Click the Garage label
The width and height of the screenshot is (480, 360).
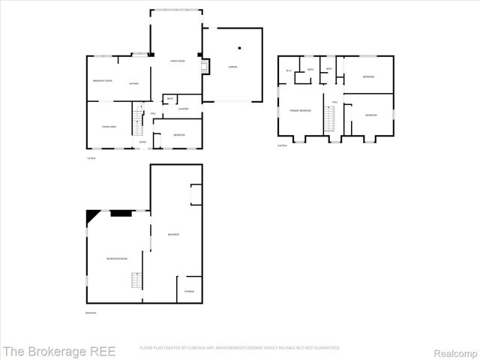232,67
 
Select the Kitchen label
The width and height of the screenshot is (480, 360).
133,83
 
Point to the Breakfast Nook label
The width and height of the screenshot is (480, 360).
103,80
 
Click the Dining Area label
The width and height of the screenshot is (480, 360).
109,127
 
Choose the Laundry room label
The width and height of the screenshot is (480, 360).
183,109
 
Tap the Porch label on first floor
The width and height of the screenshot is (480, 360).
142,142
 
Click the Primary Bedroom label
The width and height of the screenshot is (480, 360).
301,110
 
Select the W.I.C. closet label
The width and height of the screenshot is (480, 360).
289,70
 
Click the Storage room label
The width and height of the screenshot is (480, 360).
189,291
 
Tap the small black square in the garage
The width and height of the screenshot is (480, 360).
239,49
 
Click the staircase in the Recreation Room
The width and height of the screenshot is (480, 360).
136,280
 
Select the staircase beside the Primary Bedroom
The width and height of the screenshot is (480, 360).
328,118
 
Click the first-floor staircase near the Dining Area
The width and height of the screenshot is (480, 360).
137,117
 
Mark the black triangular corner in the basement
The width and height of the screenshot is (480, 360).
91,216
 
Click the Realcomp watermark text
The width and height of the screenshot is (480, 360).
455,350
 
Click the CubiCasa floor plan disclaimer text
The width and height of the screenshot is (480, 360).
240,348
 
